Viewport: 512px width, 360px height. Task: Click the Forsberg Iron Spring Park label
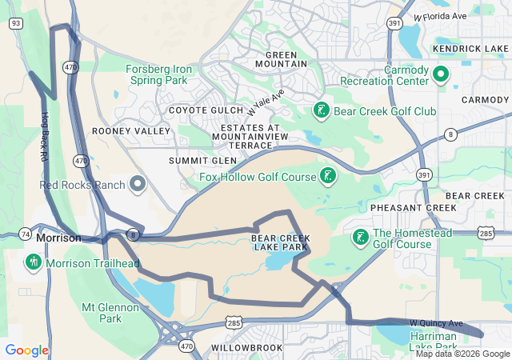click(157, 74)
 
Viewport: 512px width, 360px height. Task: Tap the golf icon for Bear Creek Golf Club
click(320, 110)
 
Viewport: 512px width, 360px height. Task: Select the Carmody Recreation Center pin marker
click(440, 75)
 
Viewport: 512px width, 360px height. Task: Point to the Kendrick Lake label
click(470, 49)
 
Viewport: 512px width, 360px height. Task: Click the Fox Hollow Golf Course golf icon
click(326, 175)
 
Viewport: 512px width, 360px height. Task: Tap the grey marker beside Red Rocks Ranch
click(137, 185)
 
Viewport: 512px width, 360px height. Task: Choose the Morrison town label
click(58, 238)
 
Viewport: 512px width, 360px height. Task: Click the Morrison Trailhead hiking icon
click(34, 262)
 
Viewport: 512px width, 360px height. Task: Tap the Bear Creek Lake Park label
click(279, 242)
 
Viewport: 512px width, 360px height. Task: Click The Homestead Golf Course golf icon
click(360, 238)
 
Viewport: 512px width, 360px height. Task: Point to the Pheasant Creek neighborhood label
click(413, 207)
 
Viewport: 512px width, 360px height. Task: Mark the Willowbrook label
click(247, 349)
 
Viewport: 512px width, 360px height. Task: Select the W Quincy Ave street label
click(436, 323)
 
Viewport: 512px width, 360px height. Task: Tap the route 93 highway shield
click(15, 24)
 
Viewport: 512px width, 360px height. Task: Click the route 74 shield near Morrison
click(26, 235)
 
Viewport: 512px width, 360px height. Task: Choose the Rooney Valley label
click(131, 130)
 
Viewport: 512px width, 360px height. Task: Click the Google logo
click(26, 350)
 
